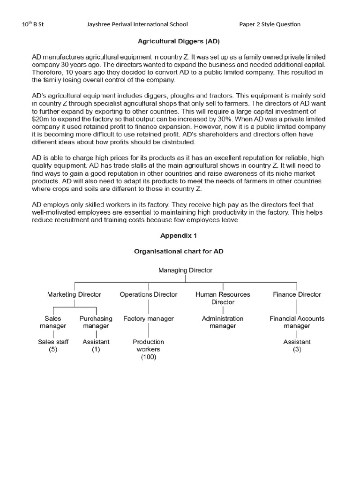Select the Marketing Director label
click(x=74, y=294)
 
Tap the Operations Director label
click(x=149, y=294)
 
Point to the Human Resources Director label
click(x=223, y=298)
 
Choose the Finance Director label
click(x=297, y=294)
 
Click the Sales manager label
click(x=53, y=322)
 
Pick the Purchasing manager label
click(x=96, y=322)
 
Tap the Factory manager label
click(x=149, y=318)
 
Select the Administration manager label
click(x=223, y=322)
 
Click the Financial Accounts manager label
click(x=297, y=322)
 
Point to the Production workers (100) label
click(x=148, y=349)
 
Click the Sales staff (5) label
click(x=53, y=345)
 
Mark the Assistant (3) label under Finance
click(x=297, y=345)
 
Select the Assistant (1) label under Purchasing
click(x=96, y=345)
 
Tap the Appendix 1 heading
click(x=180, y=236)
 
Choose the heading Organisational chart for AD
click(x=180, y=251)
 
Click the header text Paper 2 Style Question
click(x=270, y=24)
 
